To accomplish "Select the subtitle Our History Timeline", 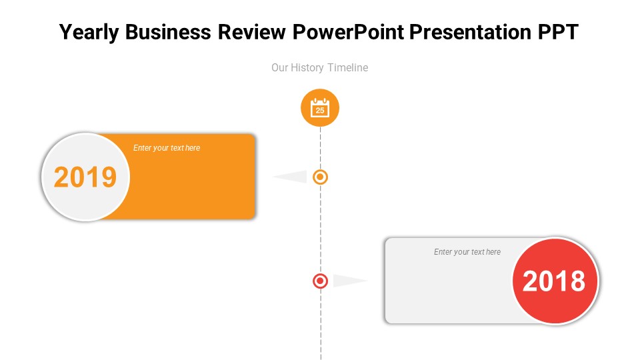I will pyautogui.click(x=319, y=67).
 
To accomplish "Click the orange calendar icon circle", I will pyautogui.click(x=320, y=107).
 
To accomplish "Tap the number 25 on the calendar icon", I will pyautogui.click(x=320, y=111).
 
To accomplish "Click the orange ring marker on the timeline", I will pyautogui.click(x=321, y=177).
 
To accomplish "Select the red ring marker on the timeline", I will pyautogui.click(x=321, y=281).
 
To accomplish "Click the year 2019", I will pyautogui.click(x=85, y=177).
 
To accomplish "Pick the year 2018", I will pyautogui.click(x=554, y=281).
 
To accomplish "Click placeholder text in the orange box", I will pyautogui.click(x=167, y=148).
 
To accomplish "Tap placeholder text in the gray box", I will pyautogui.click(x=467, y=252).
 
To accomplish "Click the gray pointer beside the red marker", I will pyautogui.click(x=347, y=281).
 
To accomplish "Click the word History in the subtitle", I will pyautogui.click(x=309, y=67).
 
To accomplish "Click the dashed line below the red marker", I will pyautogui.click(x=321, y=327).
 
